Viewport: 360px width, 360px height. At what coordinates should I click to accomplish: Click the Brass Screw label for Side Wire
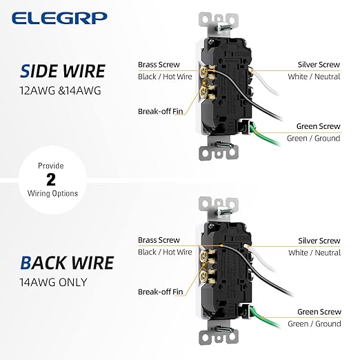pyautogui.click(x=159, y=64)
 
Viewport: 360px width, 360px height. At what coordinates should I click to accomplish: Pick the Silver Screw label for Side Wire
pyautogui.click(x=319, y=64)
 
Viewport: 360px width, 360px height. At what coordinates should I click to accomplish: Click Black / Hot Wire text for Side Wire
pyautogui.click(x=165, y=77)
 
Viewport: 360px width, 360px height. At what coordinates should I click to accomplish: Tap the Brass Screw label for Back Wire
pyautogui.click(x=159, y=240)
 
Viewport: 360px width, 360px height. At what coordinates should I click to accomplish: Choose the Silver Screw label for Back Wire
pyautogui.click(x=319, y=241)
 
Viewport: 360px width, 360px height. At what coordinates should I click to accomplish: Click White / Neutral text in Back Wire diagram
pyautogui.click(x=314, y=253)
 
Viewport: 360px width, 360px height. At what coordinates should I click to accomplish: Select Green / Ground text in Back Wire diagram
pyautogui.click(x=314, y=324)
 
